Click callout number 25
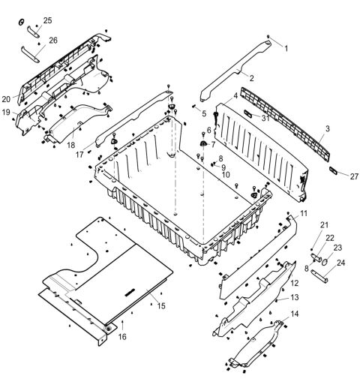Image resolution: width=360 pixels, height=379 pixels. (48, 20)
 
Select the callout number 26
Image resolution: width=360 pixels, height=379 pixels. (52, 40)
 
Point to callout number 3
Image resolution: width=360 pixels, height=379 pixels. (327, 129)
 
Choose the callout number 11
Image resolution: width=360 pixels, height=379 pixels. (304, 214)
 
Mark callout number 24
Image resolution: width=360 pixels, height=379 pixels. (340, 263)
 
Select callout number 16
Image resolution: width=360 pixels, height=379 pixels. (122, 337)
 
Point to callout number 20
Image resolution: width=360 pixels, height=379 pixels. (7, 99)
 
